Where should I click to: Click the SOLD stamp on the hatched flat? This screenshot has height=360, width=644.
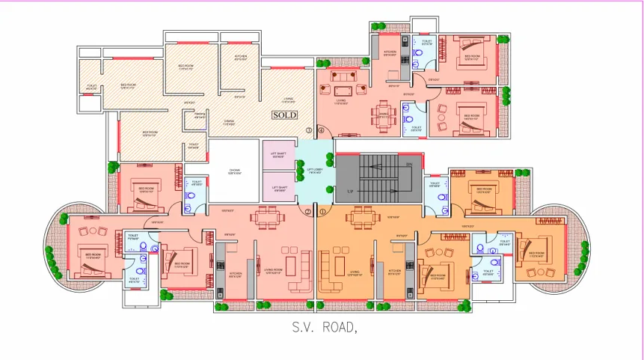(x=284, y=115)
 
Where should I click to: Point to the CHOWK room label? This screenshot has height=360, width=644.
(x=234, y=171)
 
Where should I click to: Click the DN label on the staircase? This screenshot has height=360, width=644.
(x=408, y=163)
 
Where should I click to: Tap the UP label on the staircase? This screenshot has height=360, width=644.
(x=349, y=192)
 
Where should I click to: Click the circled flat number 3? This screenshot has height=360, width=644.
(x=308, y=130)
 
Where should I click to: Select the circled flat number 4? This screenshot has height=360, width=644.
(x=322, y=130)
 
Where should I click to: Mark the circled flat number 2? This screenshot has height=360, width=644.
(x=308, y=212)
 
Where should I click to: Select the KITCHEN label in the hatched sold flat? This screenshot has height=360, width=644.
(x=240, y=58)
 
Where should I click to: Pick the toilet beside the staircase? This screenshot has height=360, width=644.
(x=435, y=199)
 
